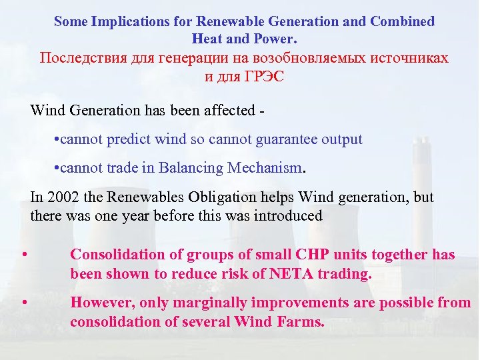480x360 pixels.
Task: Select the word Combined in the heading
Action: (403, 21)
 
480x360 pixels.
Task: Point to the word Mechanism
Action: (265, 168)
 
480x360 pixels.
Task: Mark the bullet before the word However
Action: (23, 303)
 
